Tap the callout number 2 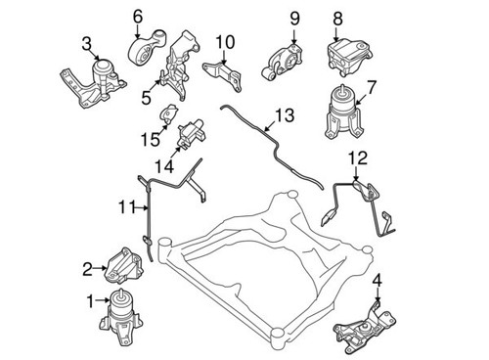pos(88,268)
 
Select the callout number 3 pos(87,42)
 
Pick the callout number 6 pos(137,15)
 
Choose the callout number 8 pos(337,17)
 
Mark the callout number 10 pos(225,41)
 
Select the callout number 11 pos(123,207)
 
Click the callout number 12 pos(358,157)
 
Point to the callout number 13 pos(283,115)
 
